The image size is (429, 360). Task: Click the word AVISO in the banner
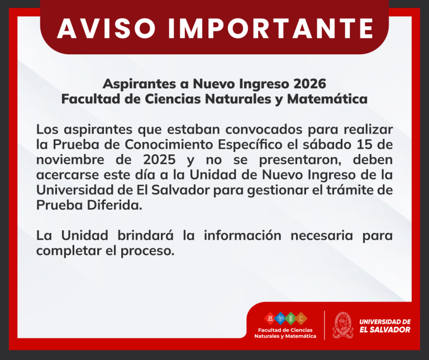(x=107, y=29)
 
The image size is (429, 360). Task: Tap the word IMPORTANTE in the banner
(x=270, y=29)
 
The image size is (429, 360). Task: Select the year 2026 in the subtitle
(x=309, y=84)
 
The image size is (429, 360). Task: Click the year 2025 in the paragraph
(x=159, y=160)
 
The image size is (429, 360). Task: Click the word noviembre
(x=70, y=160)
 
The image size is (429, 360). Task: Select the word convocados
(x=264, y=129)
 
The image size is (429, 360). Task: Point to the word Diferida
(x=115, y=205)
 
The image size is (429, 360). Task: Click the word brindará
(x=146, y=235)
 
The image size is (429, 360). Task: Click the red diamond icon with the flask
(x=270, y=319)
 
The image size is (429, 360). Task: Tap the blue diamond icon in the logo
(x=280, y=319)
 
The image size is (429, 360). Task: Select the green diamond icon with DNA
(x=290, y=319)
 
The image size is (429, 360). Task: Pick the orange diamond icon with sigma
(x=301, y=319)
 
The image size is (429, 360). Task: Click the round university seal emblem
(x=343, y=325)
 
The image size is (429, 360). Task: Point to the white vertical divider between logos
(x=325, y=325)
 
